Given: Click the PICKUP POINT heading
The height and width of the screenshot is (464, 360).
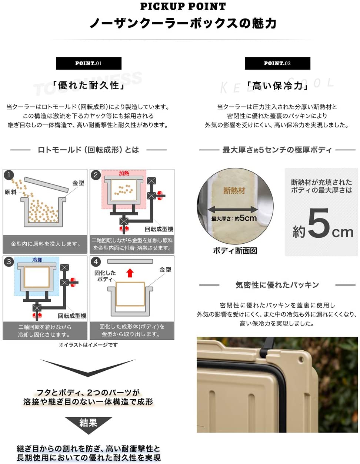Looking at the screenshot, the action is coord(183,6).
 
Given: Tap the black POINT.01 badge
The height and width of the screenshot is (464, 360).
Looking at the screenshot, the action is coord(89,63).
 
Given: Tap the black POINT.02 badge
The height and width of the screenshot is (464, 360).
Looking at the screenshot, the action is coord(277,63).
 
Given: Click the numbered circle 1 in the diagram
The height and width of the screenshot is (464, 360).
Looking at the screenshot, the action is coord(9,175).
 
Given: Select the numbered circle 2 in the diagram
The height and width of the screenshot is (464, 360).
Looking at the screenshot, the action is coord(96,175).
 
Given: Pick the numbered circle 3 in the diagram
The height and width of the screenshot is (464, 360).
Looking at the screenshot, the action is coord(9,261).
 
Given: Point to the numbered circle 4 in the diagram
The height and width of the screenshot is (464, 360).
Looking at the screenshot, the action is coord(96,261).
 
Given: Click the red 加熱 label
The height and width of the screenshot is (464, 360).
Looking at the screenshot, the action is coord(124,173).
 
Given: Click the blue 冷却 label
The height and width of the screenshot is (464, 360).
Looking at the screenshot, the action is coord(37,260).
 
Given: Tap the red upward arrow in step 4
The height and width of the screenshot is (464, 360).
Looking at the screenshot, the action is coord(130,273).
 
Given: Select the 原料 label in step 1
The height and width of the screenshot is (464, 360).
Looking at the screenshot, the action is coord(10,192).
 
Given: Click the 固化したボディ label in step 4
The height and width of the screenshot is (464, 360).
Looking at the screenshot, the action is coord(105,276).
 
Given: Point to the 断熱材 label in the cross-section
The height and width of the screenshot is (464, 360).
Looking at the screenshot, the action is coord(234,190).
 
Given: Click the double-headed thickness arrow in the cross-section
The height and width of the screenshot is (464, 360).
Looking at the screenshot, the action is coord(233,210).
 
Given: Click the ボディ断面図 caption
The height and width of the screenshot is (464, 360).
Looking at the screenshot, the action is coord(235,250).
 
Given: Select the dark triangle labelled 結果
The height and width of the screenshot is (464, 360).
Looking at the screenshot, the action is coord(89,425).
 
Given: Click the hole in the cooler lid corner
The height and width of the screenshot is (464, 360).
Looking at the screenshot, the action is coord(301,359).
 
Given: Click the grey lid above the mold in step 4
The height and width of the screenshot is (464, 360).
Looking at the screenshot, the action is coord(130,261).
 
